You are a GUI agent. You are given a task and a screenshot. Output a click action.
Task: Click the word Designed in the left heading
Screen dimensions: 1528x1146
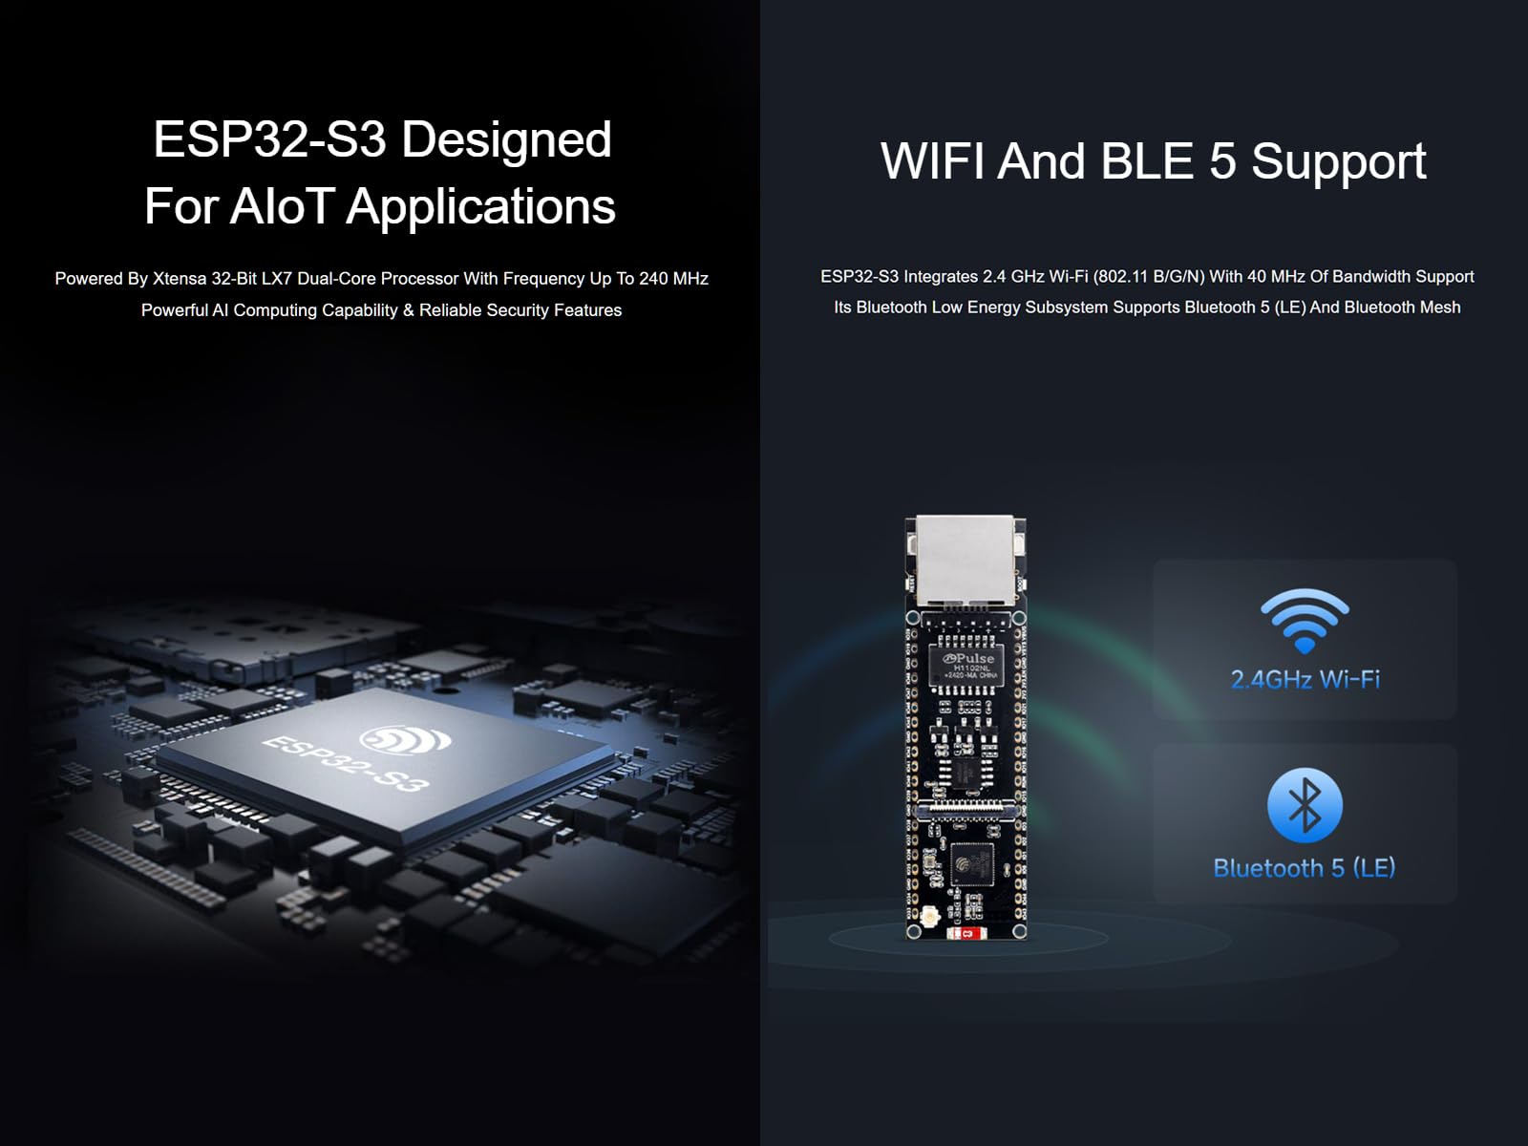tap(506, 140)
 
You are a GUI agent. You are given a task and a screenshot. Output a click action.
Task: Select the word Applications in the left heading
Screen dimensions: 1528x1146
tap(481, 208)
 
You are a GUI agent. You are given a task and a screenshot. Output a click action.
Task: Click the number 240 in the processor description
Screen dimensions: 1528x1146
tap(653, 278)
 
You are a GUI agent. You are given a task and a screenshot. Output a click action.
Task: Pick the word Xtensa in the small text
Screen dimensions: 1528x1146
tap(180, 278)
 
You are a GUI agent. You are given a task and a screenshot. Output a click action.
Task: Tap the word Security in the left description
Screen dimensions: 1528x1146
tap(514, 310)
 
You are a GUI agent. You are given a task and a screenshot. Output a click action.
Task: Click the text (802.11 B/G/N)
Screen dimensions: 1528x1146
tap(1149, 277)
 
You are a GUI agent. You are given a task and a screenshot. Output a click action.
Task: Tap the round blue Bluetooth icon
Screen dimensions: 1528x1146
tap(1305, 805)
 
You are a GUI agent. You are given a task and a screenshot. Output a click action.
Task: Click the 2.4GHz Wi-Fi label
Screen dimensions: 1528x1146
tap(1305, 679)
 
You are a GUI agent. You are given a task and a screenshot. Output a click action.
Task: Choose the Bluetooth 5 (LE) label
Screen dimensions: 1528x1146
tap(1305, 868)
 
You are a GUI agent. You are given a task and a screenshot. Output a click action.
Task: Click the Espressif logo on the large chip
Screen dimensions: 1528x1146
tap(405, 739)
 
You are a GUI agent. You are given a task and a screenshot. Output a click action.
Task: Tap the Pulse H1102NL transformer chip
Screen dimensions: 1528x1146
tap(966, 665)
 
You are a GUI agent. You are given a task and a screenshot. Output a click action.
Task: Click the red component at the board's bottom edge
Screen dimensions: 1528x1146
tap(966, 933)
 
